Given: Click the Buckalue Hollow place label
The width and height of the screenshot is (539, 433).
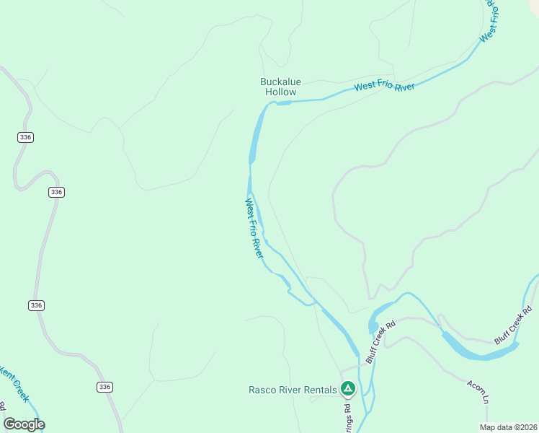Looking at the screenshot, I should (x=278, y=87).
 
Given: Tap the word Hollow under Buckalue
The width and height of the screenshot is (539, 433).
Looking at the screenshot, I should (x=280, y=92).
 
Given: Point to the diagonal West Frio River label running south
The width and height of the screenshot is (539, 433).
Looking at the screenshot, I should (x=254, y=228).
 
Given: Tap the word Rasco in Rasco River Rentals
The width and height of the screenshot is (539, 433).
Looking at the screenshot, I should (x=262, y=390).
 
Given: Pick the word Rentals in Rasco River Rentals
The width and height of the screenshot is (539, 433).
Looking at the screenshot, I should (x=320, y=390).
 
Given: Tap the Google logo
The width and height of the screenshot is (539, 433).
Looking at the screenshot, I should (x=24, y=424).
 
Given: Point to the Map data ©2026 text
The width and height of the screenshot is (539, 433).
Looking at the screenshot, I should (x=508, y=427).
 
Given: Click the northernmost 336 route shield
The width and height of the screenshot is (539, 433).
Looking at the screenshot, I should (x=26, y=137).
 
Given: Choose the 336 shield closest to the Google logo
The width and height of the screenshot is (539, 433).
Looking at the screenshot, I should (x=104, y=388).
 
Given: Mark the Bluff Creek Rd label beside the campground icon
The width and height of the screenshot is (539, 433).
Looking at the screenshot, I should (x=380, y=342).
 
